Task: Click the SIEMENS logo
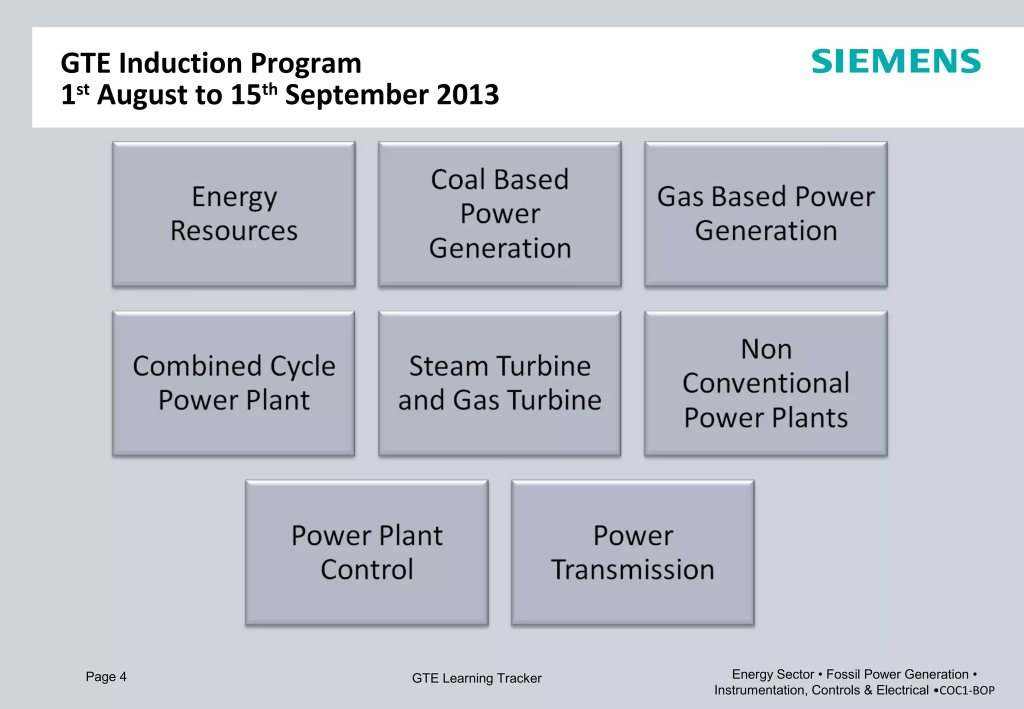(x=895, y=61)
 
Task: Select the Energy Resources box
(x=233, y=214)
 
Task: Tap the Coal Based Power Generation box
(x=499, y=214)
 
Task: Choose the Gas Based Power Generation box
(x=765, y=214)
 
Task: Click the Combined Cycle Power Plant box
(x=233, y=383)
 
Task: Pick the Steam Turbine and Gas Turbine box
(x=499, y=383)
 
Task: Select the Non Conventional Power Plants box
(x=765, y=383)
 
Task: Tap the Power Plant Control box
(x=366, y=552)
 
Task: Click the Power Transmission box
(x=632, y=552)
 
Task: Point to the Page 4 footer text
(x=106, y=676)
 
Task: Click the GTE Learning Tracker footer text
(x=476, y=678)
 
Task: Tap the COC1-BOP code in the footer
(x=967, y=690)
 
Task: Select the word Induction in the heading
(x=180, y=63)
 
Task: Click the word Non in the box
(x=766, y=349)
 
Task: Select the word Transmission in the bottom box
(x=632, y=569)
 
